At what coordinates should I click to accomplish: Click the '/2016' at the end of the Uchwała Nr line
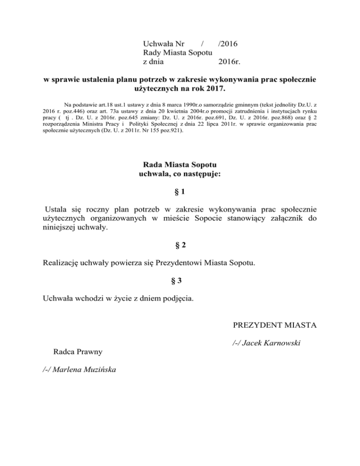(x=228, y=44)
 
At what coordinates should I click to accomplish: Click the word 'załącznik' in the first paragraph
(x=284, y=218)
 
